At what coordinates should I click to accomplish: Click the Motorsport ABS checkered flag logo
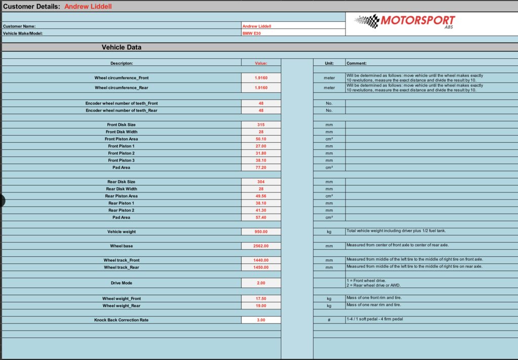click(x=368, y=21)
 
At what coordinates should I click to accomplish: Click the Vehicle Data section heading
click(x=121, y=47)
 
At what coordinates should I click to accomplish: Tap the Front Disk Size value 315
click(x=261, y=125)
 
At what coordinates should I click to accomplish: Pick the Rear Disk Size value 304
click(x=261, y=182)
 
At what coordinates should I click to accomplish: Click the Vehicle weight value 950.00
click(x=261, y=232)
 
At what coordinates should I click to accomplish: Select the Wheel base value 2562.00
click(x=261, y=246)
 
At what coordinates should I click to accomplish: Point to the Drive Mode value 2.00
click(x=261, y=283)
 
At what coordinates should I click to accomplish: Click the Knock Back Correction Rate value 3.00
click(x=261, y=320)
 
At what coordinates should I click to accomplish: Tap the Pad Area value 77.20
click(x=261, y=168)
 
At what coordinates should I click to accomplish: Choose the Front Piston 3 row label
click(x=121, y=161)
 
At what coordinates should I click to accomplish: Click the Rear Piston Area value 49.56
click(x=261, y=196)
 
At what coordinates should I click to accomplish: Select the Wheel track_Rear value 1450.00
click(x=261, y=267)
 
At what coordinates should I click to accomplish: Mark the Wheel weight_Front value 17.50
click(x=261, y=299)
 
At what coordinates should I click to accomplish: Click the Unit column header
click(x=329, y=63)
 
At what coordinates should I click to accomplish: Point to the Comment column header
click(x=357, y=63)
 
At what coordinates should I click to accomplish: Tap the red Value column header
click(x=261, y=63)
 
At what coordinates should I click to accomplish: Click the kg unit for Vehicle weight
click(x=329, y=232)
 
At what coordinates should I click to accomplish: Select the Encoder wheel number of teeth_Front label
click(x=121, y=103)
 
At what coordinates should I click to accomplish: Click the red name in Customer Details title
click(x=88, y=7)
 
